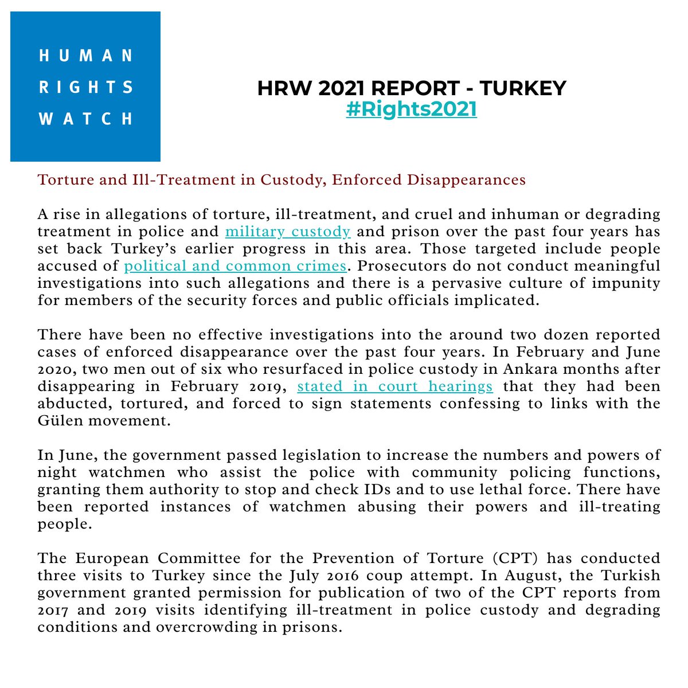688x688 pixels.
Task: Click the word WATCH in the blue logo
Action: pyautogui.click(x=85, y=119)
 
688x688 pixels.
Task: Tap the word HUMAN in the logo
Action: pyautogui.click(x=85, y=56)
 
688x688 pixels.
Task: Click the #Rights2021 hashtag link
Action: pyautogui.click(x=411, y=108)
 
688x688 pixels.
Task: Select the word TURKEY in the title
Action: pyautogui.click(x=522, y=88)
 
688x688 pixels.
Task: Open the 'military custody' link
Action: pyautogui.click(x=288, y=232)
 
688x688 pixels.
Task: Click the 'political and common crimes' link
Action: pyautogui.click(x=235, y=266)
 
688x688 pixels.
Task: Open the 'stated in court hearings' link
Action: pyautogui.click(x=395, y=386)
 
